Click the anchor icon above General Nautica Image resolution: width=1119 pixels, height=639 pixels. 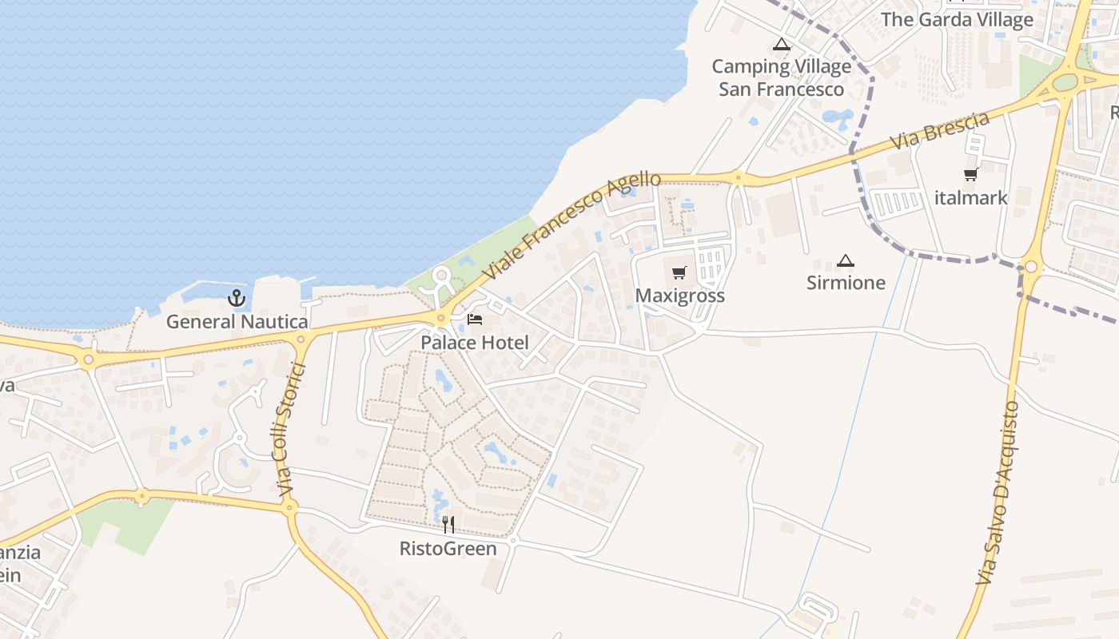[236, 299]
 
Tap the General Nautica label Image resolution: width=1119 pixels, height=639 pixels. [237, 322]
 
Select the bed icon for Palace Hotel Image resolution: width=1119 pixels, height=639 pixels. [475, 320]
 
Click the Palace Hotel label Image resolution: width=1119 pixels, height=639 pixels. [475, 343]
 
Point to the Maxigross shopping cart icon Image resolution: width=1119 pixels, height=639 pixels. [679, 273]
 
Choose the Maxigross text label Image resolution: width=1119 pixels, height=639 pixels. [679, 296]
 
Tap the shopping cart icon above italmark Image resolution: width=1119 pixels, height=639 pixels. [971, 174]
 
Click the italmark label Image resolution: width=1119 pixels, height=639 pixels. [971, 198]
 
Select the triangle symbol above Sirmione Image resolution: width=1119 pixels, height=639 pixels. [846, 260]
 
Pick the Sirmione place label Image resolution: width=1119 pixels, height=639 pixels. [846, 283]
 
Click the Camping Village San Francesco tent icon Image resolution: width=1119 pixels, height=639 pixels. [782, 45]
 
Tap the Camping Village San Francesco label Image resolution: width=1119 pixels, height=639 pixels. [782, 77]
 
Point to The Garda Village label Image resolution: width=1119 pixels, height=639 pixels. [957, 20]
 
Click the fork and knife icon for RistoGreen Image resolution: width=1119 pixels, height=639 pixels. [448, 525]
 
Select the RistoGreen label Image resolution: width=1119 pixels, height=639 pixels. [448, 549]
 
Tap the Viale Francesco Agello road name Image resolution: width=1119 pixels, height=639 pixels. [572, 225]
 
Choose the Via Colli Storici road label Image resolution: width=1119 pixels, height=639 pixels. [292, 431]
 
